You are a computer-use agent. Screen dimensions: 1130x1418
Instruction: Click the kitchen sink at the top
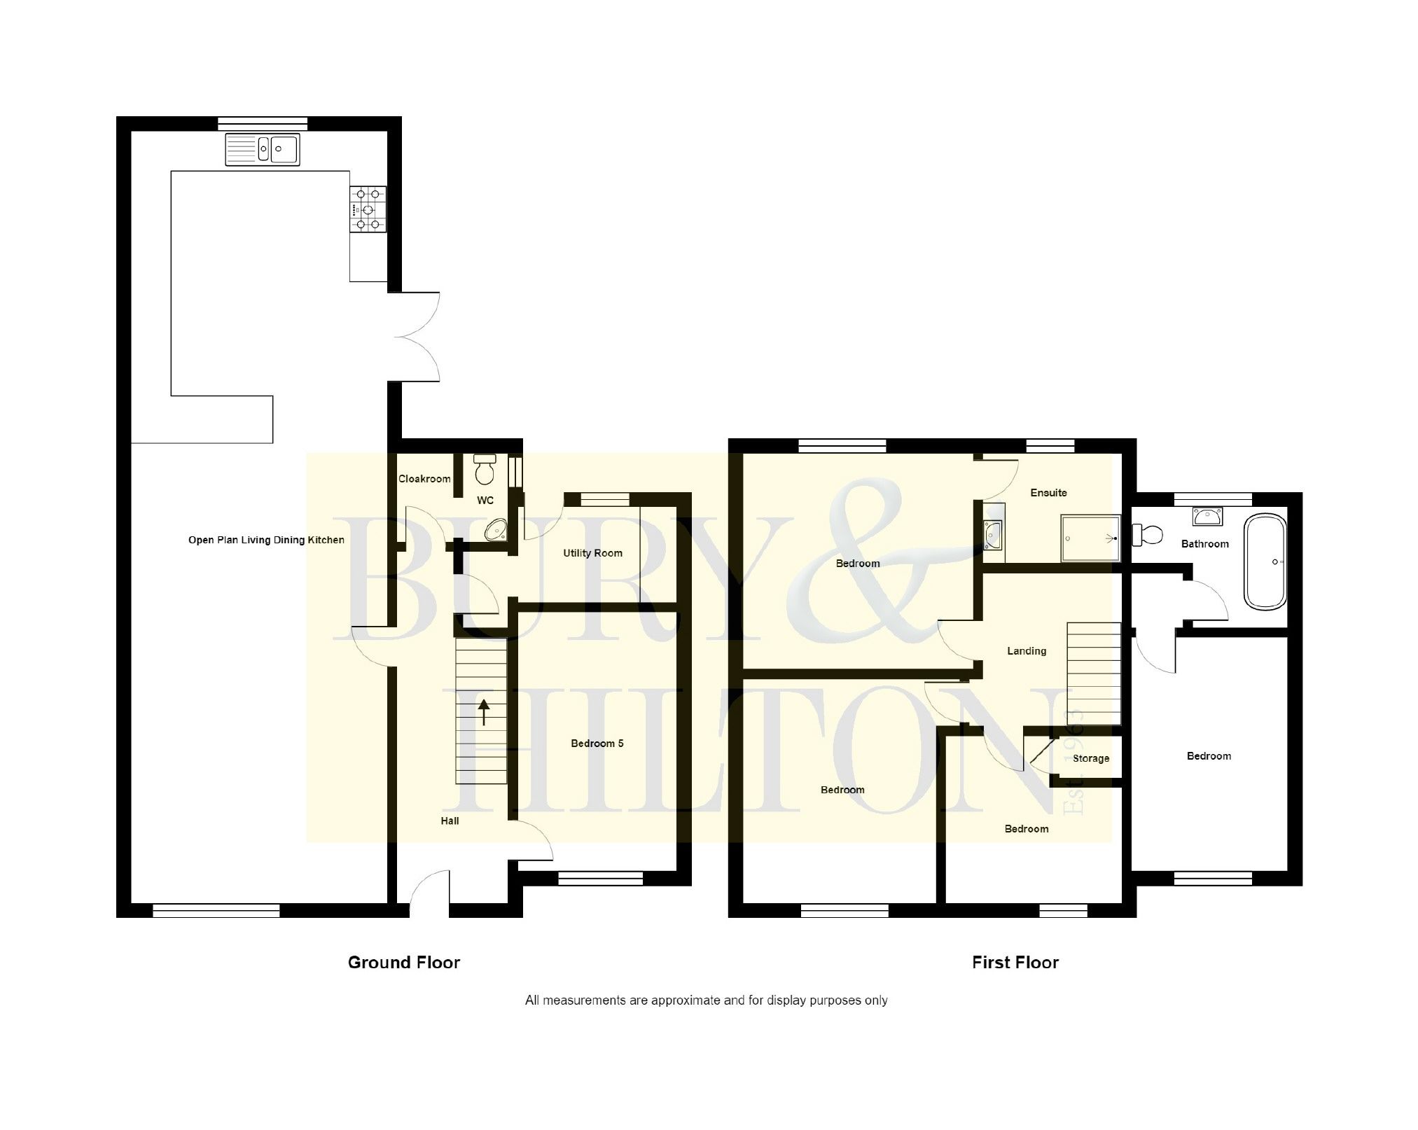[263, 149]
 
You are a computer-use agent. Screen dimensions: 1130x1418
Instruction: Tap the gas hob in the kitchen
[368, 209]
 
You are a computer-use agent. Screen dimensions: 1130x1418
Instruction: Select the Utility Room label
[592, 553]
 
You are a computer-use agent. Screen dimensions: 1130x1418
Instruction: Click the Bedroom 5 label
[597, 744]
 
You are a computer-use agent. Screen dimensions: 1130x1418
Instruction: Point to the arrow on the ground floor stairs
[483, 713]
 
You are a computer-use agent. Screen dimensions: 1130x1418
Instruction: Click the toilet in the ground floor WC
[485, 469]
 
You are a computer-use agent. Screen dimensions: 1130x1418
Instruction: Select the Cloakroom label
[424, 479]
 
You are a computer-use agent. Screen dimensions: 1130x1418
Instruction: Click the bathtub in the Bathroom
[1265, 561]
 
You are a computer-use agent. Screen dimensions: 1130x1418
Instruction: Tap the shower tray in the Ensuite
[1090, 538]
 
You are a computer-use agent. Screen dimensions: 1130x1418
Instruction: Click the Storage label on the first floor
[1091, 758]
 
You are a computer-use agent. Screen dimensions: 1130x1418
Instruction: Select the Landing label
[1027, 651]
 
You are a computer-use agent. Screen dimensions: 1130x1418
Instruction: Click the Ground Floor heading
[404, 963]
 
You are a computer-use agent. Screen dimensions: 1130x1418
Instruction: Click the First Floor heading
[1015, 963]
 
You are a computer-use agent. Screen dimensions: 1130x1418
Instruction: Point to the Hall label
[450, 821]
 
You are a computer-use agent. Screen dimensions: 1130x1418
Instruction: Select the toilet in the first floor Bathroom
[1147, 536]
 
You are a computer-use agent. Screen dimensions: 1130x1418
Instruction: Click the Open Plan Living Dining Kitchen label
[266, 540]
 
